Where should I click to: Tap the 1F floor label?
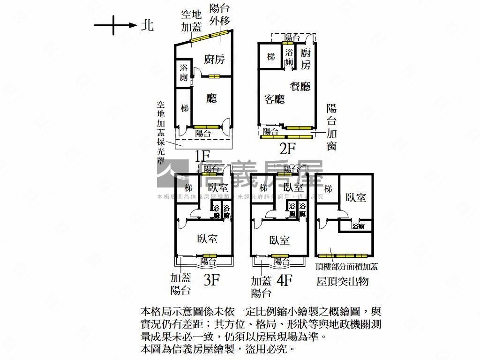[202, 156]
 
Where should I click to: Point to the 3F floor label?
[212, 280]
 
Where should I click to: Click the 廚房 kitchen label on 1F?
[214, 59]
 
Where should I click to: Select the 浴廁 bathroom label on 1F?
[184, 73]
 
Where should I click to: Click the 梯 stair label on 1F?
[184, 108]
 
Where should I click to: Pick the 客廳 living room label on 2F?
[275, 99]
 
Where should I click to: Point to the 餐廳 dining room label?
[300, 86]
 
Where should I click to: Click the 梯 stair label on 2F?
[271, 57]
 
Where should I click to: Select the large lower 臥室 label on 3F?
[207, 239]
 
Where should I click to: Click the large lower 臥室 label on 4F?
[279, 240]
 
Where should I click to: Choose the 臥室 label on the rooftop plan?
[356, 197]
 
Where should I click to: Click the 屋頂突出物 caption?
[343, 281]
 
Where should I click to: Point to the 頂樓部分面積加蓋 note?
[347, 267]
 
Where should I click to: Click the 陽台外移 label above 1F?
[219, 14]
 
